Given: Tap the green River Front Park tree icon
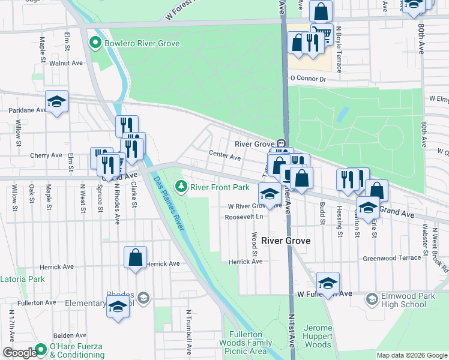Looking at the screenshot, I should pyautogui.click(x=179, y=187).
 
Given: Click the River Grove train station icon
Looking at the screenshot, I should pyautogui.click(x=280, y=144).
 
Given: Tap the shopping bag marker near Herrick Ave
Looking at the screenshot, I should pyautogui.click(x=136, y=257).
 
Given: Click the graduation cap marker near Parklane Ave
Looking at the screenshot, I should pyautogui.click(x=56, y=101).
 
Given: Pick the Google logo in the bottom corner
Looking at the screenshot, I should pyautogui.click(x=19, y=353).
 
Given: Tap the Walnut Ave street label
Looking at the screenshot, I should pyautogui.click(x=66, y=62).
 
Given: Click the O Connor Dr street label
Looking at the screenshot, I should pyautogui.click(x=307, y=79).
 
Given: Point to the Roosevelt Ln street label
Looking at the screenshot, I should pyautogui.click(x=244, y=217).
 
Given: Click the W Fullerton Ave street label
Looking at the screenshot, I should pyautogui.click(x=324, y=295).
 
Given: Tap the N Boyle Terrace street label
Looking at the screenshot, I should pyautogui.click(x=339, y=49).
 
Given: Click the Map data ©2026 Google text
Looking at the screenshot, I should pyautogui.click(x=412, y=355).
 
